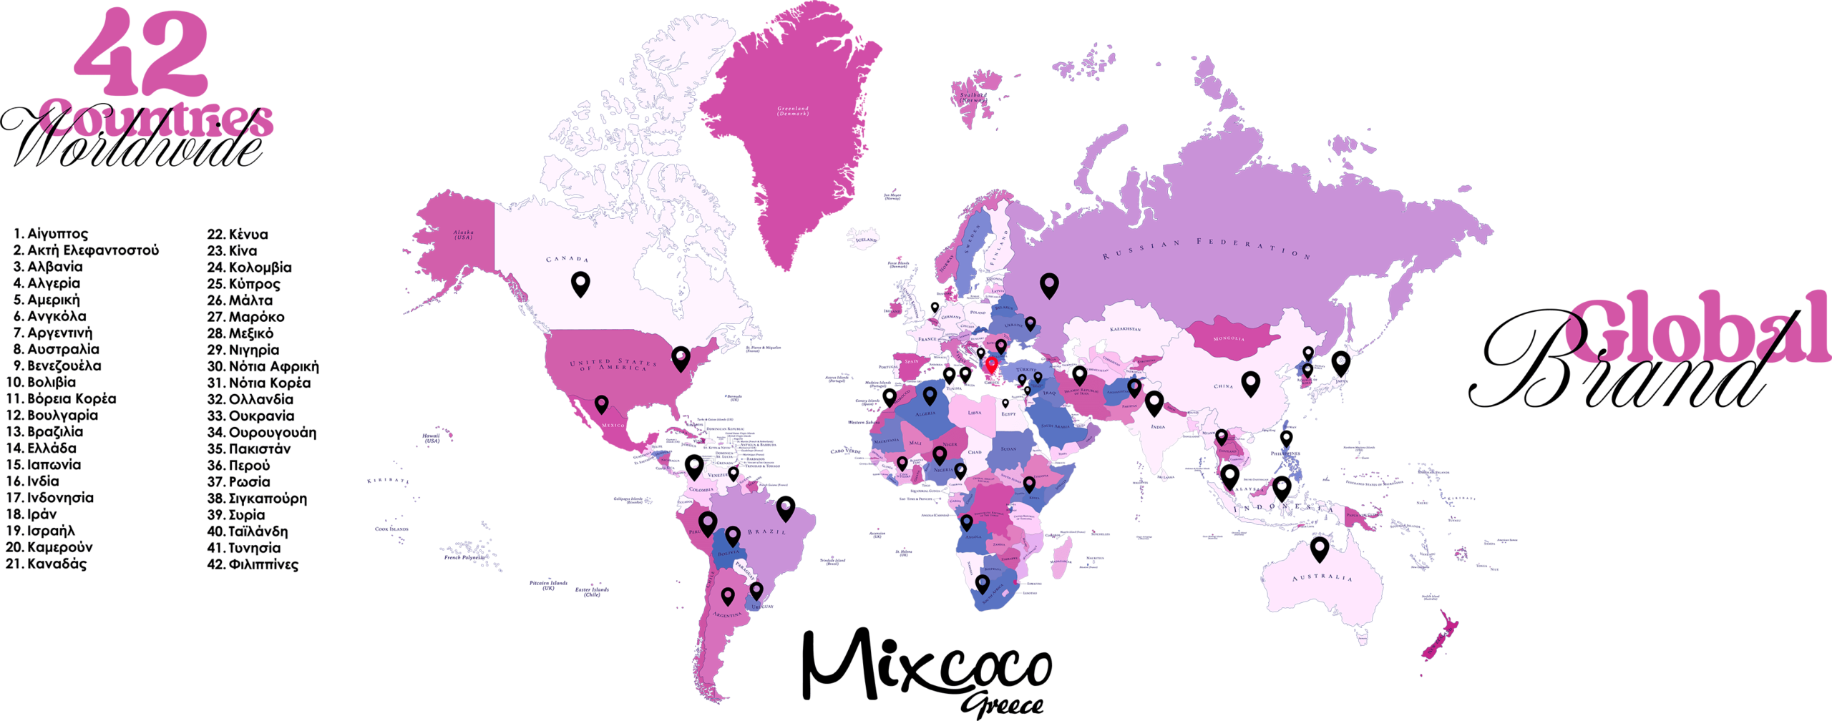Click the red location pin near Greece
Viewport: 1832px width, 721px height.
991,366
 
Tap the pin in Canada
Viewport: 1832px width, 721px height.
580,284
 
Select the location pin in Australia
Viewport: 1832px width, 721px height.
1320,549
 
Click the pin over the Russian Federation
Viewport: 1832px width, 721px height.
1049,285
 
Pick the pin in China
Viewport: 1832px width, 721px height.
1250,383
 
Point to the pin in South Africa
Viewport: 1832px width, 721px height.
983,584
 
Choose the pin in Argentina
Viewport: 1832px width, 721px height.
728,595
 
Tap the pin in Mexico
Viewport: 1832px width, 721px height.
601,404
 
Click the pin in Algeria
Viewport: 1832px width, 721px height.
930,395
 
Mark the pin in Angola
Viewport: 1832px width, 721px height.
966,522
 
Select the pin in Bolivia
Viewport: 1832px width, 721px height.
732,535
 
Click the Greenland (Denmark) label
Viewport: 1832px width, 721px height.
793,111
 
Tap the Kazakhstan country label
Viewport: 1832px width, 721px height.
1125,329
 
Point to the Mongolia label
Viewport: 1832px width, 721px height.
1229,338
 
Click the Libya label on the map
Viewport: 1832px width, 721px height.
975,413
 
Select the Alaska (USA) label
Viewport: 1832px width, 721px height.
463,235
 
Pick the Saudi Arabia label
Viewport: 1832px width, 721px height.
1055,426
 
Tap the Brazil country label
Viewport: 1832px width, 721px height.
766,531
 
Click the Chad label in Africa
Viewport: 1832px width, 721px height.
975,452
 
